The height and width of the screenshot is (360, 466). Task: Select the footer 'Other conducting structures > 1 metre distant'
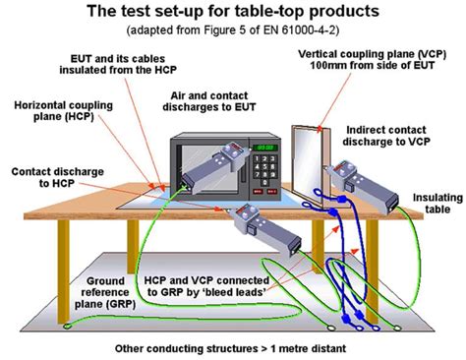(x=233, y=347)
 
